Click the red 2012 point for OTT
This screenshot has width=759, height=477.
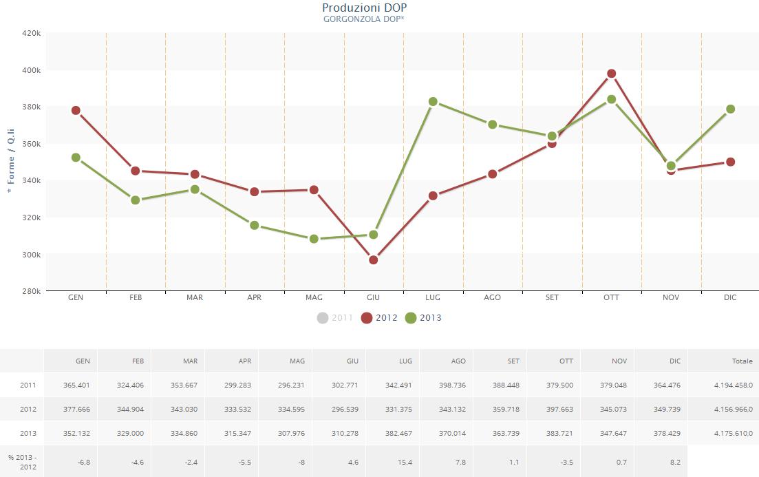[611, 74]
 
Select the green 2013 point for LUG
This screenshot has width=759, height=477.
[433, 101]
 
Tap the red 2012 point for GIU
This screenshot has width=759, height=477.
[373, 259]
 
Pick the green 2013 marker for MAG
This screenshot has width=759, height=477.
[314, 239]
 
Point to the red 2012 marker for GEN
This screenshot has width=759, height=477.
[76, 110]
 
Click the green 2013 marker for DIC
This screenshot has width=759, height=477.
[730, 109]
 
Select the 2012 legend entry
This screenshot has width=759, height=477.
[379, 318]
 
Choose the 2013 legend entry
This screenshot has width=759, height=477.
[423, 318]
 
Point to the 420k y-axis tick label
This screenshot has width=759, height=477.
[32, 33]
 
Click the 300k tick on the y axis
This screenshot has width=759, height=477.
[32, 255]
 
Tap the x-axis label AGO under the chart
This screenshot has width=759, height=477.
[492, 297]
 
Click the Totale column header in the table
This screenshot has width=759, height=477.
[742, 361]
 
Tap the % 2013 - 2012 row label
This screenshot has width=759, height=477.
[21, 462]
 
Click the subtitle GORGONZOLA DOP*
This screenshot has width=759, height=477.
[364, 19]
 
